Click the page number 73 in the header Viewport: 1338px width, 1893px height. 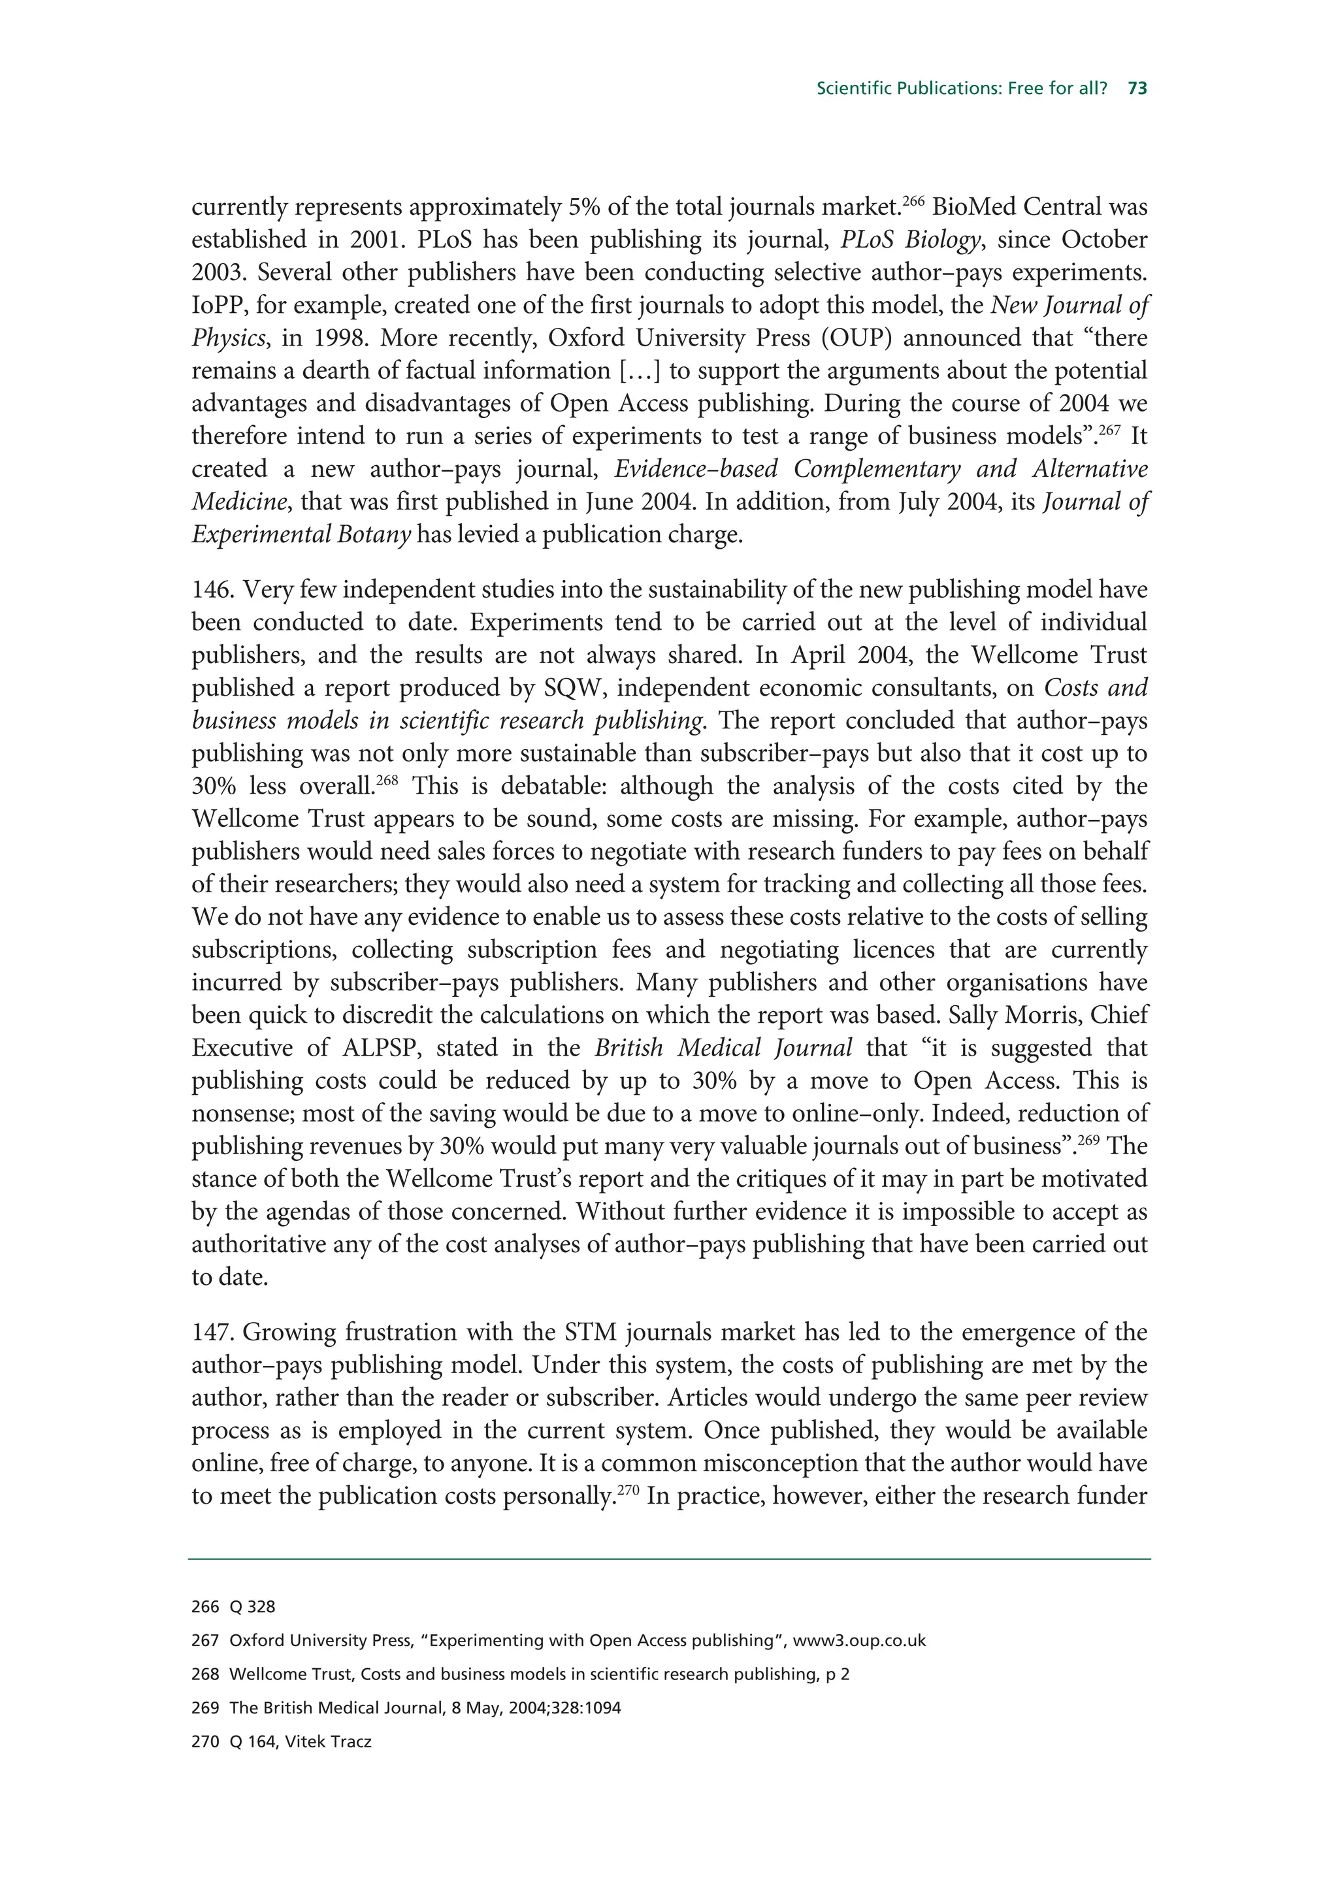pos(1137,89)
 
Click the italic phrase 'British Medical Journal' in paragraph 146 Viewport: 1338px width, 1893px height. pos(723,1048)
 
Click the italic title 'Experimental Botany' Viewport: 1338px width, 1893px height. pos(301,535)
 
